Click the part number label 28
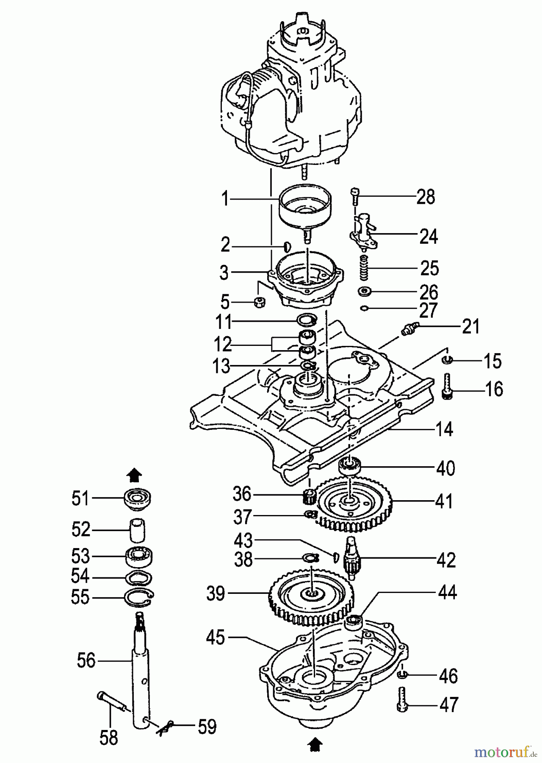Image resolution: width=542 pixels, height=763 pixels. pos(426,197)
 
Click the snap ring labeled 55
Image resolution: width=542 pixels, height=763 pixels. pos(139,598)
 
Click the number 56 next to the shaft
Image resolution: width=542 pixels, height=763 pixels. pos(86,660)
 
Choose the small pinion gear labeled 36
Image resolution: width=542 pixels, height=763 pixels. pos(310,495)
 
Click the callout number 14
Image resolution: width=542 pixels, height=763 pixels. pos(444,429)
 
